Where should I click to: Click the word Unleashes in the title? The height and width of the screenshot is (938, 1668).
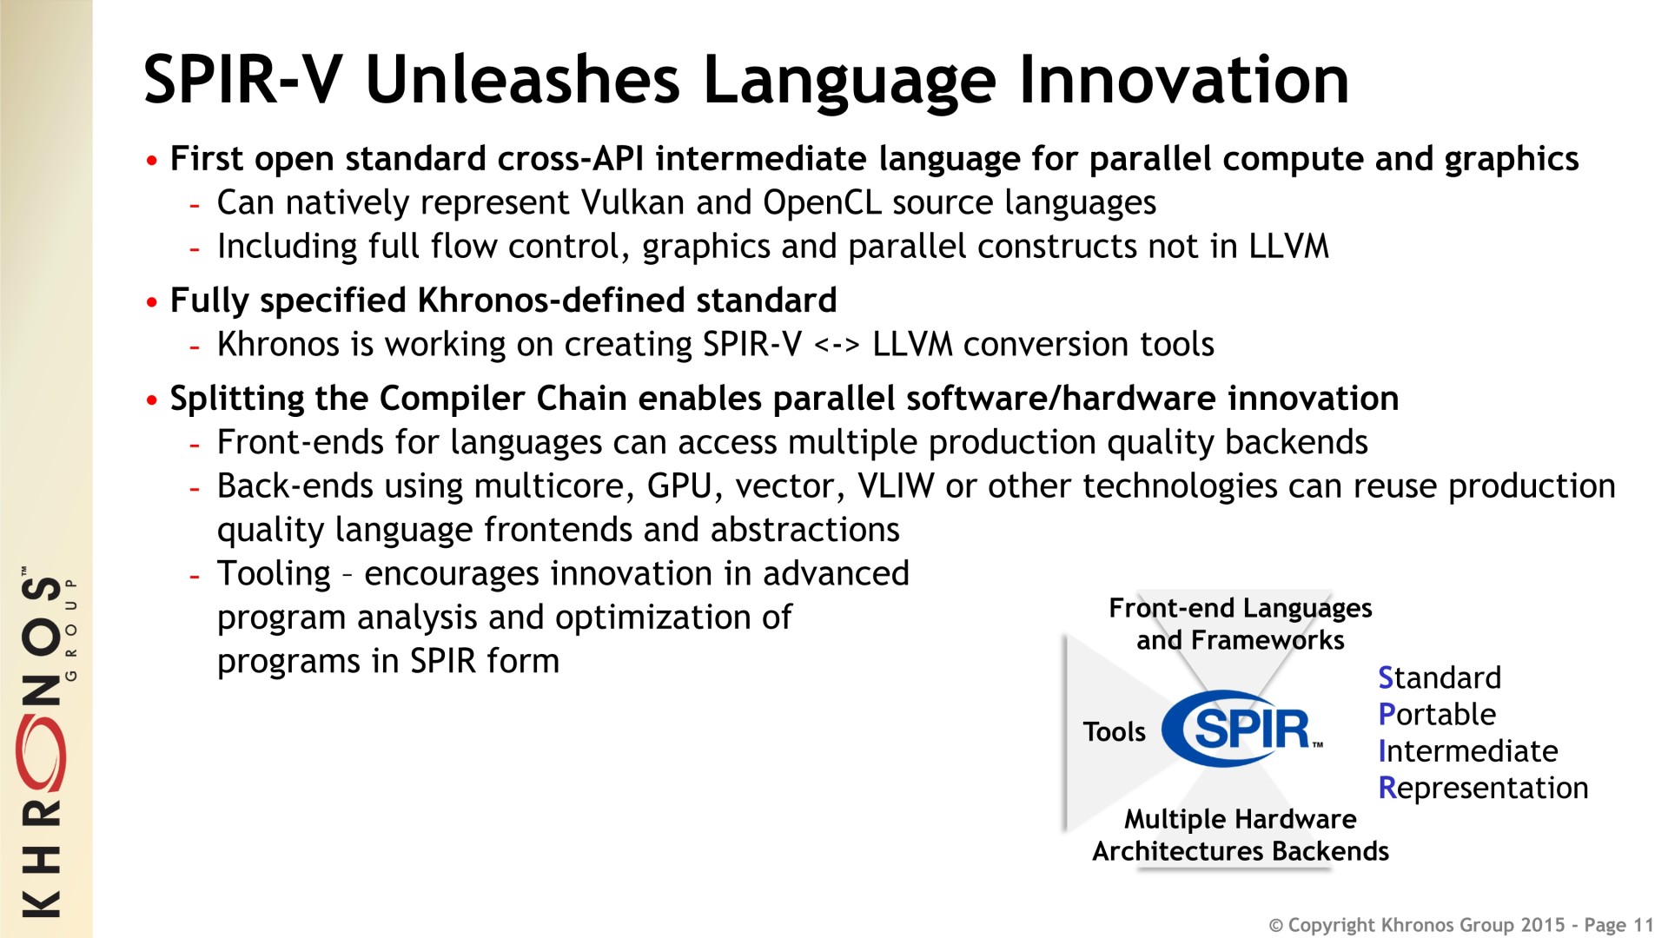[523, 80]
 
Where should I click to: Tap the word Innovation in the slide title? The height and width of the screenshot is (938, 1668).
[1184, 80]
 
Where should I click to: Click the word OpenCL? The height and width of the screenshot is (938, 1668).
[822, 202]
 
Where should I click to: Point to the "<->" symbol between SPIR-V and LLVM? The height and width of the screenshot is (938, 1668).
[837, 345]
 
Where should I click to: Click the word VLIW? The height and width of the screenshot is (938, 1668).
[896, 486]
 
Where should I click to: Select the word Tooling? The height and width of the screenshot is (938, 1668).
[274, 575]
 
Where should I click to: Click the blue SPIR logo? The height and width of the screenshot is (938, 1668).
[1242, 728]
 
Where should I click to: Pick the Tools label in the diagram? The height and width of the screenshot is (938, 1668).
[1115, 732]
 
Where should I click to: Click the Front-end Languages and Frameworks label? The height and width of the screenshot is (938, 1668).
[1241, 624]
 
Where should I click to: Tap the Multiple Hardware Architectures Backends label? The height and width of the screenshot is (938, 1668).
[1241, 835]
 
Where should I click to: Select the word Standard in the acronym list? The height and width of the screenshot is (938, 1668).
[1440, 677]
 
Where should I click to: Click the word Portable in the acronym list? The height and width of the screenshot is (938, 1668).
[1437, 714]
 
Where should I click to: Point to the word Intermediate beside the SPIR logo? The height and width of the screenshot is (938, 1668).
[1468, 750]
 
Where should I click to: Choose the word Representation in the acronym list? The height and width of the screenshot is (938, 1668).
[1483, 788]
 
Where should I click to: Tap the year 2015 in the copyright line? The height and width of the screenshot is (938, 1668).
[1542, 925]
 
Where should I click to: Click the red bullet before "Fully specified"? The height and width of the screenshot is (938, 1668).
[153, 302]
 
